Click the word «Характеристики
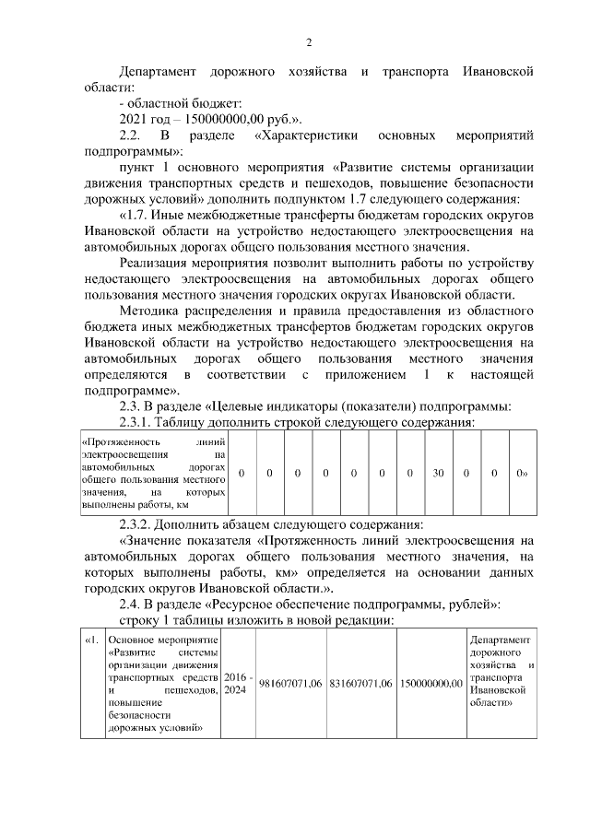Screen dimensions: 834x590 click(305, 136)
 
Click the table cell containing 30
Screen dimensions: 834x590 click(438, 473)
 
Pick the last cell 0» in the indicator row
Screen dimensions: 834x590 click(522, 473)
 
